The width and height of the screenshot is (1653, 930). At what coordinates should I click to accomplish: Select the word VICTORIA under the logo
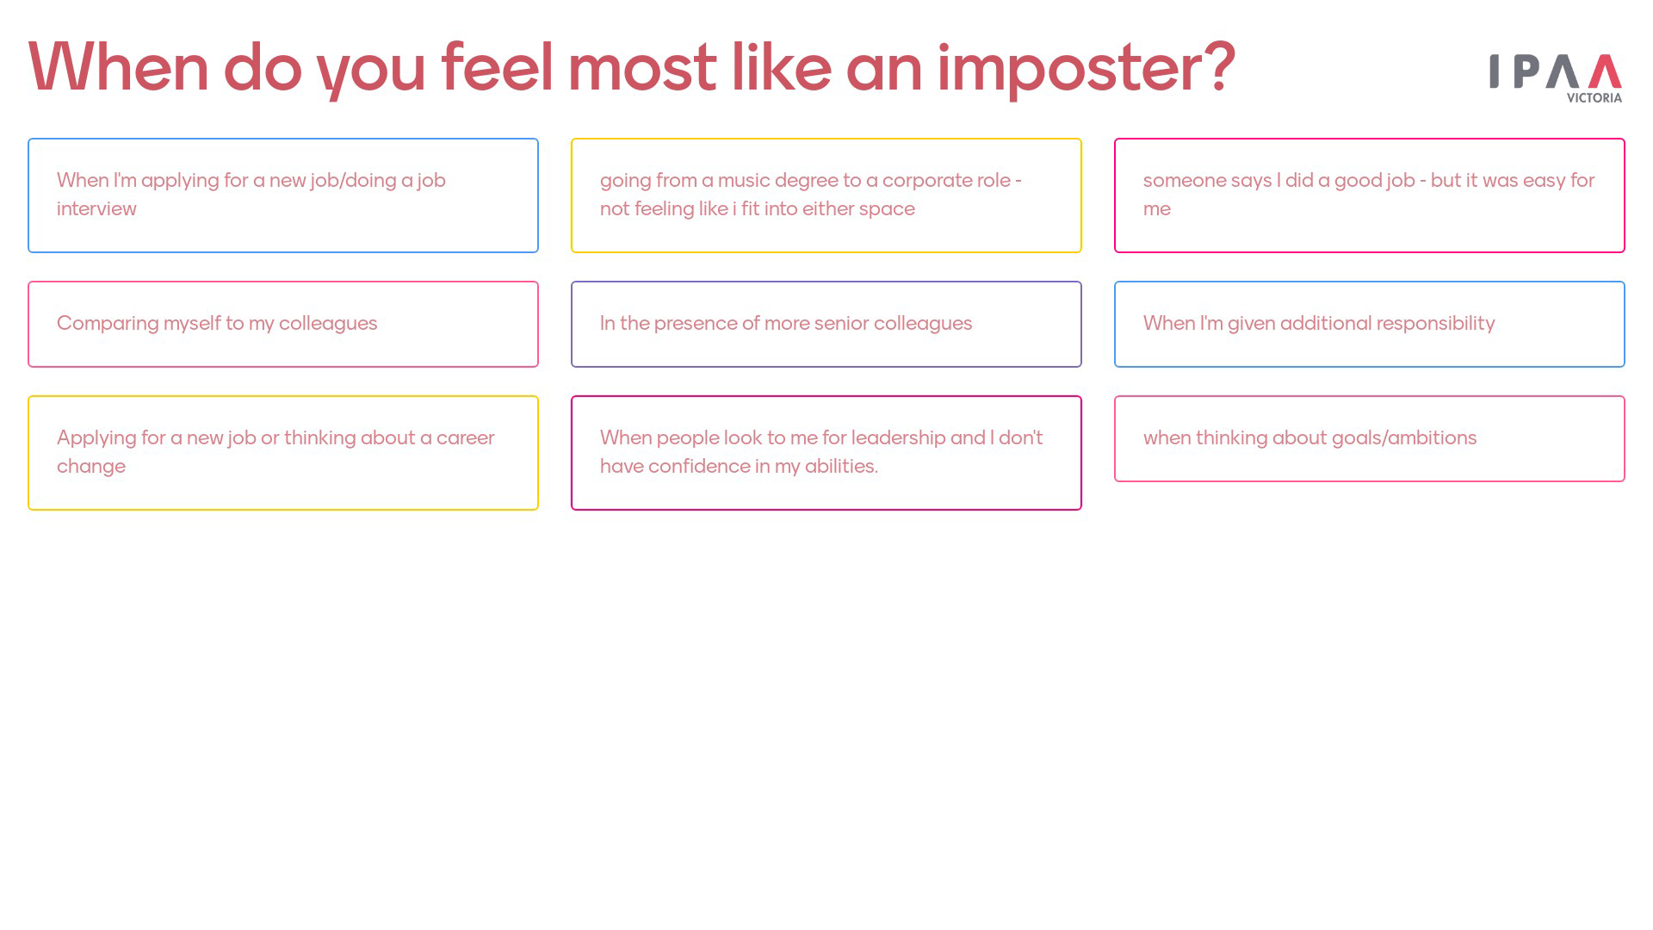[1594, 98]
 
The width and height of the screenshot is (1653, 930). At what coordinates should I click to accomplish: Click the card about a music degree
[826, 195]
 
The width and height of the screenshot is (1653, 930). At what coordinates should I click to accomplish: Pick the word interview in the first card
[96, 208]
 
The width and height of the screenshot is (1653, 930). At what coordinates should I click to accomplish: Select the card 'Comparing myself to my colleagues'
[283, 324]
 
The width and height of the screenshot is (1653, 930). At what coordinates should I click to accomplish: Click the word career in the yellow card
[466, 438]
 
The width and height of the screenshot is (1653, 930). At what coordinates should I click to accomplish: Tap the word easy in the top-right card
[1544, 181]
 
